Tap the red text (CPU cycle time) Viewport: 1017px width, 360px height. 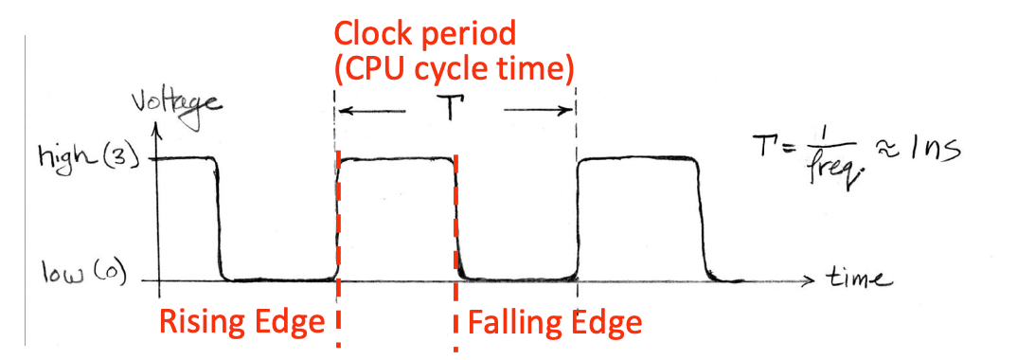point(455,69)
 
